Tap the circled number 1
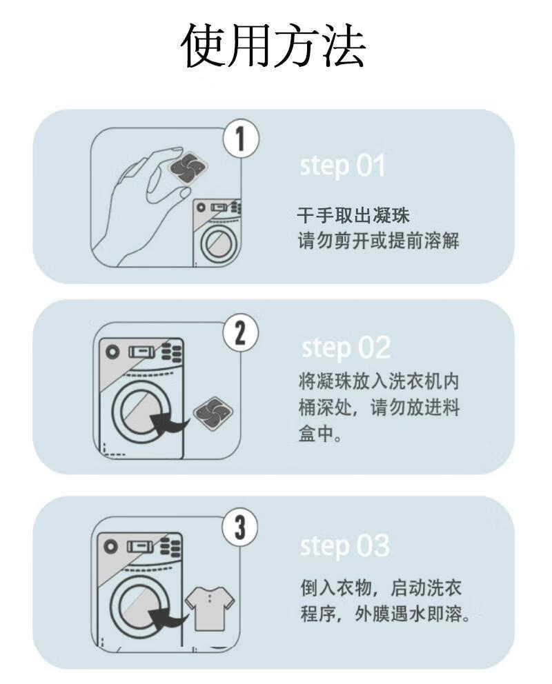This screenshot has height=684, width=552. (x=239, y=140)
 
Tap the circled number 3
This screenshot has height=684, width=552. (x=239, y=529)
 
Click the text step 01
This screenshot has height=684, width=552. (x=342, y=166)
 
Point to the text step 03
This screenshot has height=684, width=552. (x=344, y=545)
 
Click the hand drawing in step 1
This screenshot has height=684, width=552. (x=138, y=207)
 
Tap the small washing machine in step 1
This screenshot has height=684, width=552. (x=216, y=231)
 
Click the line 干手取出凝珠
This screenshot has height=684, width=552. (x=353, y=216)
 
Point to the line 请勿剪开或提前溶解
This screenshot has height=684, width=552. (x=378, y=242)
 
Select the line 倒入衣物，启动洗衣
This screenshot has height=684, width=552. (x=381, y=588)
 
